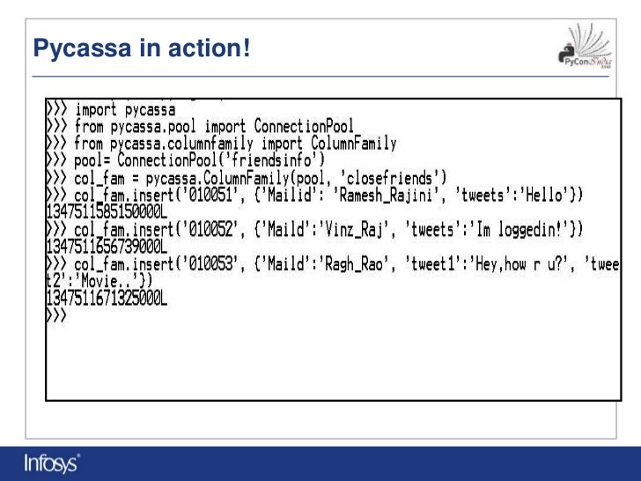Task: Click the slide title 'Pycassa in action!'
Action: click(x=141, y=50)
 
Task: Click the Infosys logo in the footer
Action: click(x=52, y=462)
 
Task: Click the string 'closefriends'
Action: click(x=387, y=178)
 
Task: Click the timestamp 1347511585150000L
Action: click(x=106, y=212)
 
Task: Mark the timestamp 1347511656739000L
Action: click(x=106, y=247)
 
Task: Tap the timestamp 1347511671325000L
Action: click(x=106, y=299)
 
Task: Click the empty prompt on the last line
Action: click(x=55, y=315)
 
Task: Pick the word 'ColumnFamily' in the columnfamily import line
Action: click(x=354, y=144)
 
